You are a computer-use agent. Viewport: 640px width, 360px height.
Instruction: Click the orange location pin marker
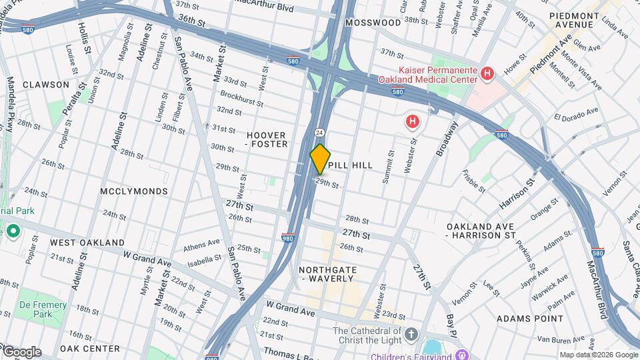320,159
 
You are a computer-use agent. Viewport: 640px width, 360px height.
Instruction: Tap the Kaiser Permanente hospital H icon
488,73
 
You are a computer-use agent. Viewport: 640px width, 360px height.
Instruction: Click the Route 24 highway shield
320,132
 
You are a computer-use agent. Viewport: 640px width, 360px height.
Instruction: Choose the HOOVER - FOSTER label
267,139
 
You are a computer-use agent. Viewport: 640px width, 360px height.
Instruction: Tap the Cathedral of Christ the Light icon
411,333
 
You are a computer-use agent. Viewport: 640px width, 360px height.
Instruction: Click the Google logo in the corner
21,351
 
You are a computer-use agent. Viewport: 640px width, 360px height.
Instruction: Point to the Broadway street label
447,139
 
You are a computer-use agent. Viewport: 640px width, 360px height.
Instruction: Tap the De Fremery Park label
43,309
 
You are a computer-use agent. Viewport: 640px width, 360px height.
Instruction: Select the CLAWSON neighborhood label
45,85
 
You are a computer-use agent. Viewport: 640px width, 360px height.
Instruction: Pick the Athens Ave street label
201,245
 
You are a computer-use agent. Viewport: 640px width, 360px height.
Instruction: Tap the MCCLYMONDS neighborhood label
134,191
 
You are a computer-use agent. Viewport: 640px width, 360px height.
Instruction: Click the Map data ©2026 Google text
598,355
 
